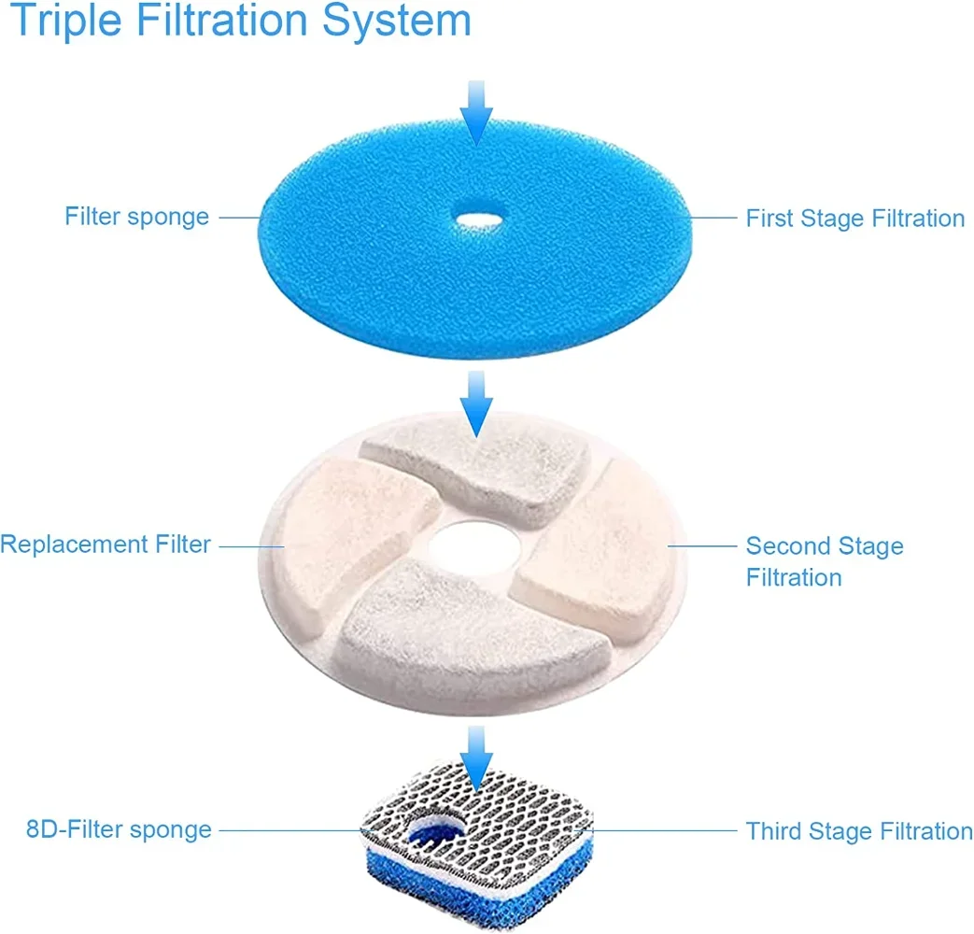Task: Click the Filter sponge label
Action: click(x=136, y=217)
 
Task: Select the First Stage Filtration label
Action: click(x=854, y=219)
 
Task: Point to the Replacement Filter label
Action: click(x=106, y=544)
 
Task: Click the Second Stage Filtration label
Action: click(x=824, y=561)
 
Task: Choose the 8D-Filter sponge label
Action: click(x=119, y=829)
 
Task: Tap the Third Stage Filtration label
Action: click(x=858, y=831)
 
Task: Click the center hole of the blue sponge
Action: click(x=476, y=220)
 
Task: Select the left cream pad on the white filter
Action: click(x=355, y=528)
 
